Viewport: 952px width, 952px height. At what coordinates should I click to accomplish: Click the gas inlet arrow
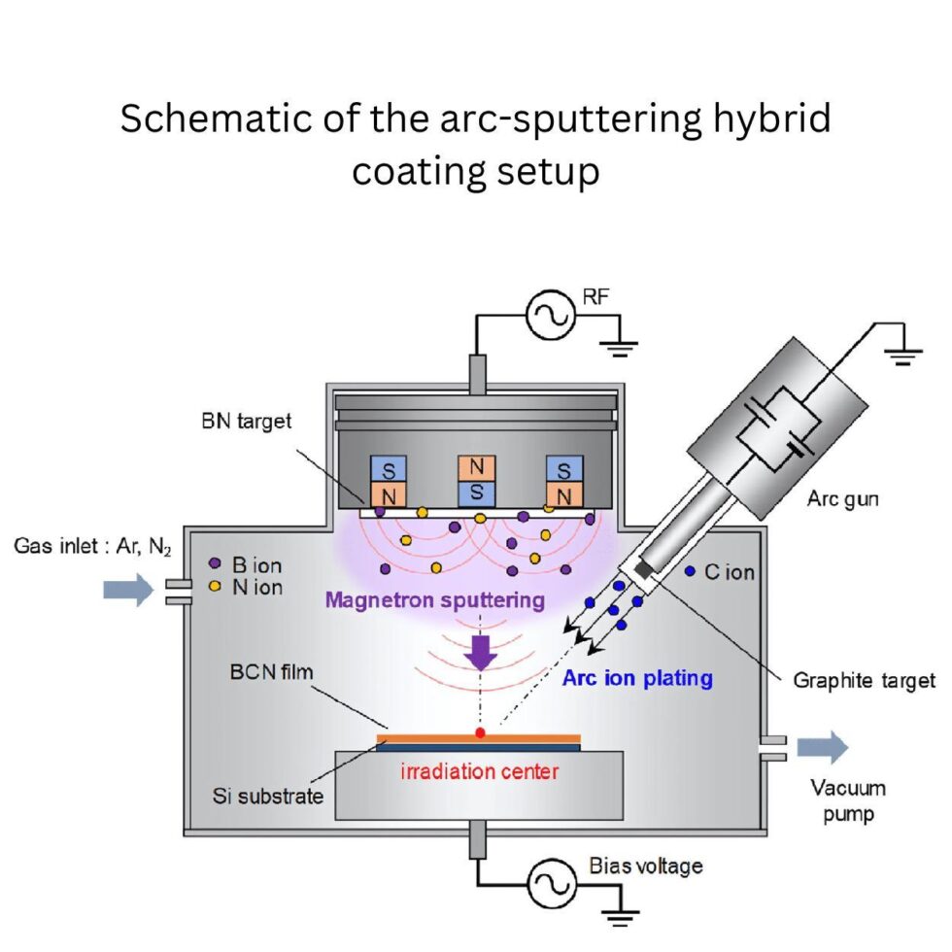(x=128, y=589)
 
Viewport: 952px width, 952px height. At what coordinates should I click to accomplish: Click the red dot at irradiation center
(x=480, y=732)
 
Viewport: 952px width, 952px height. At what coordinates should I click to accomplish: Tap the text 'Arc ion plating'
(x=637, y=678)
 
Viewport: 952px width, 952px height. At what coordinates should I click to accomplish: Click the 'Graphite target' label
(x=864, y=680)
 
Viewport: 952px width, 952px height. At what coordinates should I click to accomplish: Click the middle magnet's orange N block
(x=477, y=467)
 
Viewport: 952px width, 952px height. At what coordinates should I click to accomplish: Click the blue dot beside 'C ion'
(x=690, y=572)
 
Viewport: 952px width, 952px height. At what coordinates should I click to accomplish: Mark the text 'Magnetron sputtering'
(x=434, y=599)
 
